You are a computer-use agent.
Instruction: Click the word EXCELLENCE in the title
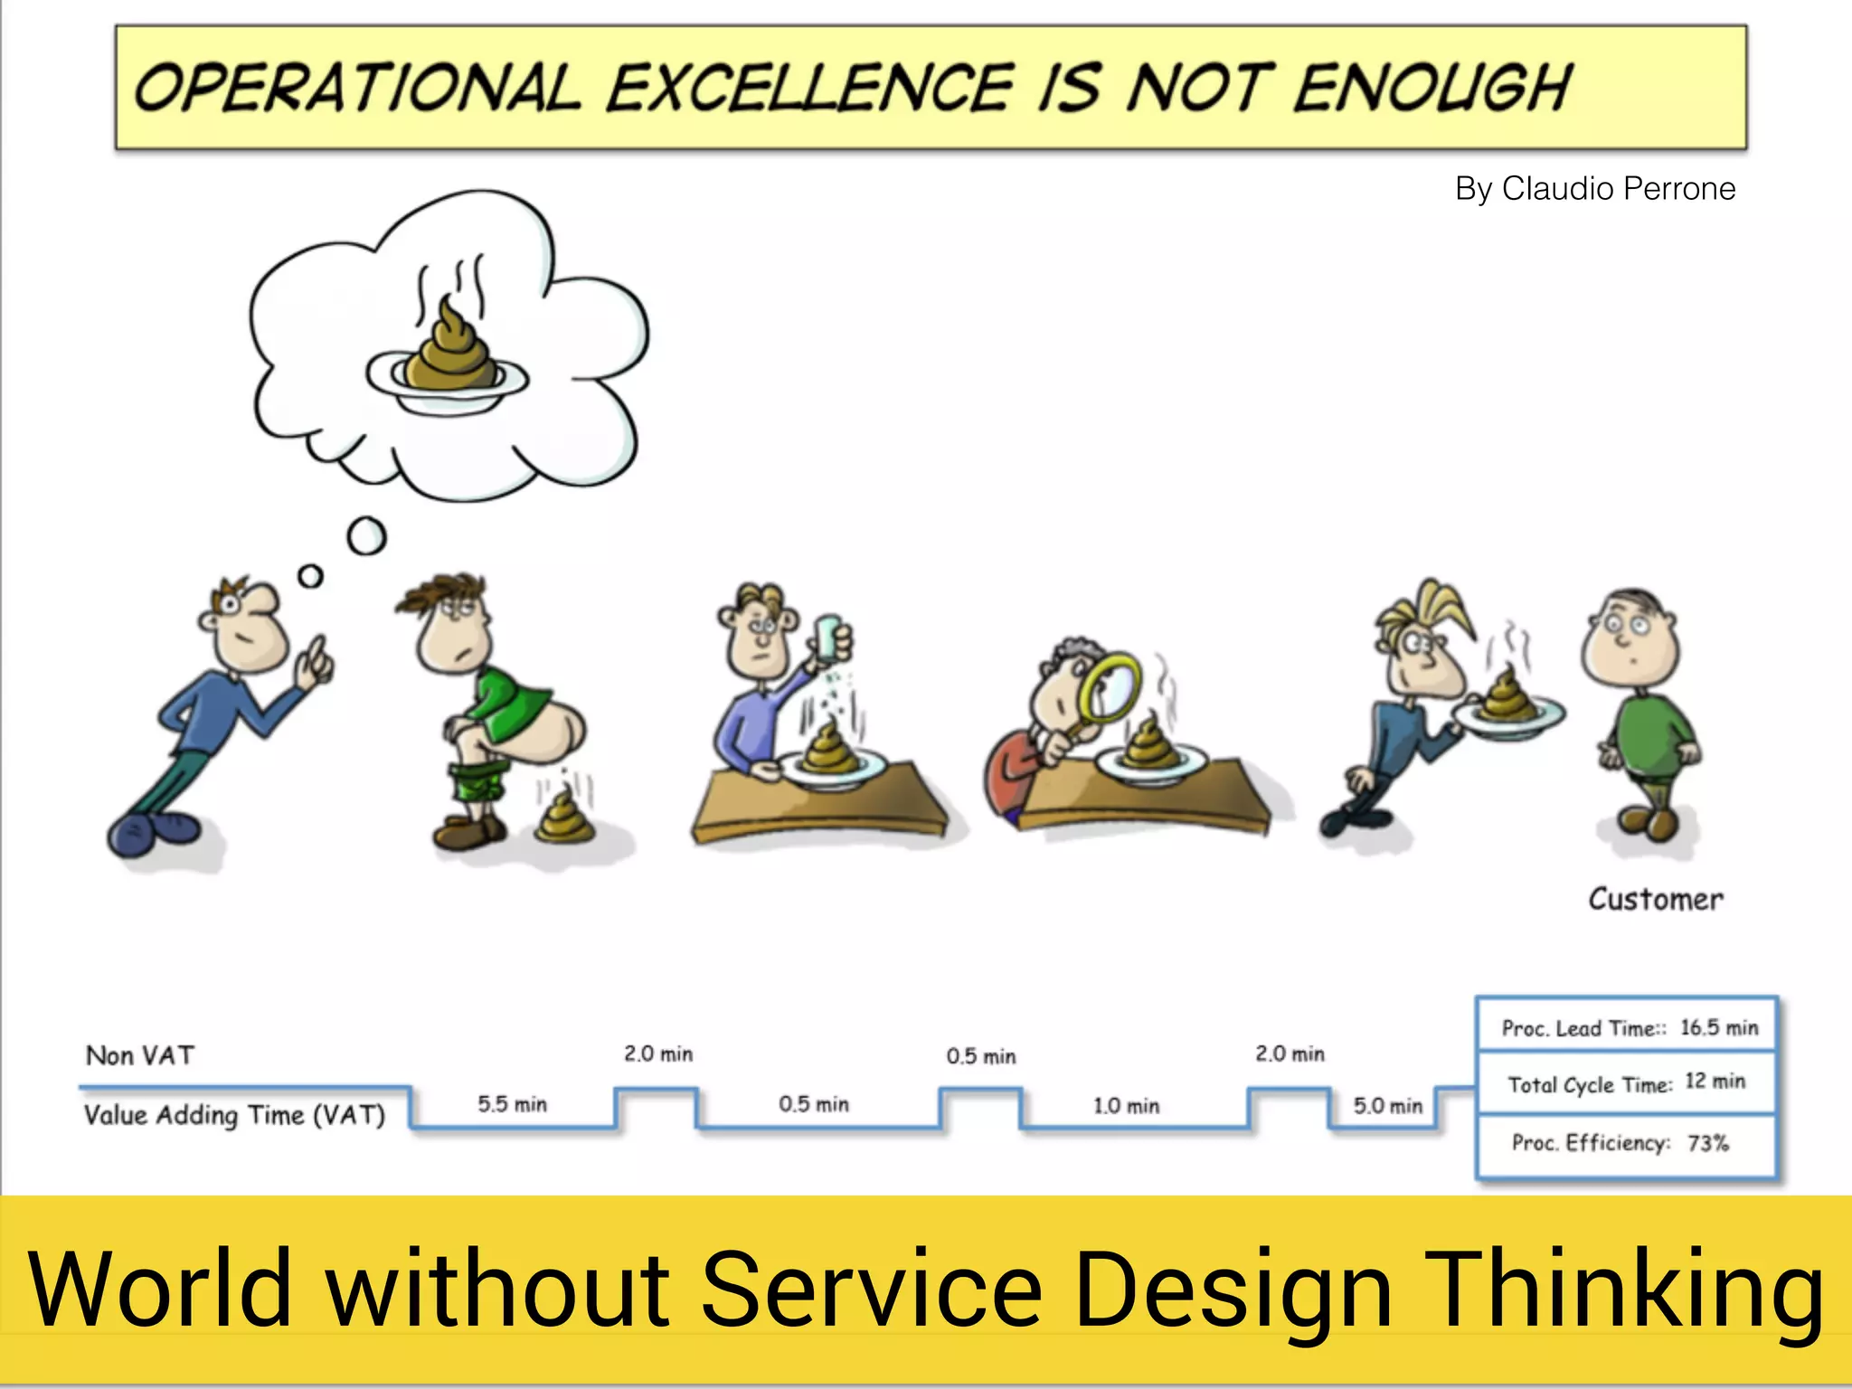(809, 88)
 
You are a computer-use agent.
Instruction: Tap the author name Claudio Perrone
(1618, 188)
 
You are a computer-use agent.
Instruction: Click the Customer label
(1655, 899)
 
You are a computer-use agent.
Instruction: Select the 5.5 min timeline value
(512, 1104)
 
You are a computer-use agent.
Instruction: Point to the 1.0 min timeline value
(1126, 1105)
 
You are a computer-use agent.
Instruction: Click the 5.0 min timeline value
(1387, 1105)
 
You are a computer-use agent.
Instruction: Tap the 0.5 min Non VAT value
(981, 1055)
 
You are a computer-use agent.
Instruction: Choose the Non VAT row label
(140, 1055)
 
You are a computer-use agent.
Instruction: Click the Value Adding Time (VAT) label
(234, 1114)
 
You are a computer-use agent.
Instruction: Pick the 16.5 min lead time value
(1718, 1027)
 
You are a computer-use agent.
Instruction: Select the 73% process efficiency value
(1707, 1143)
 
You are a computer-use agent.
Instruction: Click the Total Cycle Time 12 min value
(1715, 1082)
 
